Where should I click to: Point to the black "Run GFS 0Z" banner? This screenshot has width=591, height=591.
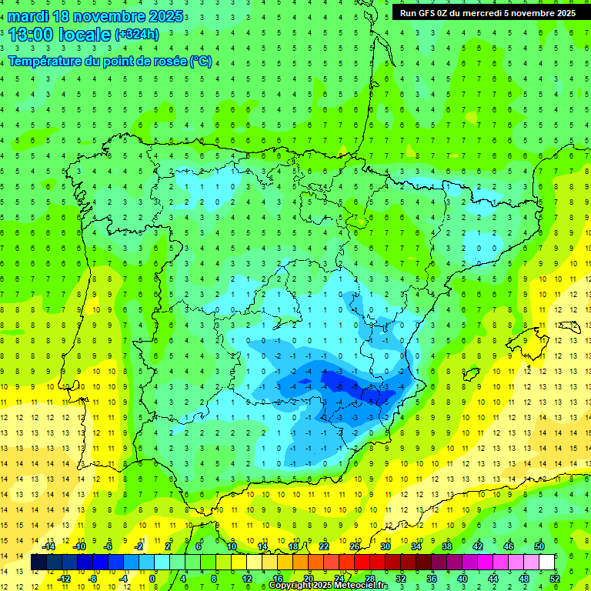click(488, 13)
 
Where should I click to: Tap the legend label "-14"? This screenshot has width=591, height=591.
click(49, 546)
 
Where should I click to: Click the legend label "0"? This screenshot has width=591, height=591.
click(152, 579)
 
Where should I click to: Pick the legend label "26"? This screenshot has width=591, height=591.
click(355, 546)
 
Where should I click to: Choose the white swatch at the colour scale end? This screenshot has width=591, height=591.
click(547, 563)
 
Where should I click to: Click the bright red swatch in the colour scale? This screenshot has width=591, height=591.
click(362, 563)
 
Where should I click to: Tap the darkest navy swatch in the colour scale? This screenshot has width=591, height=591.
click(39, 563)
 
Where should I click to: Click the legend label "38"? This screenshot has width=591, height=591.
click(447, 546)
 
